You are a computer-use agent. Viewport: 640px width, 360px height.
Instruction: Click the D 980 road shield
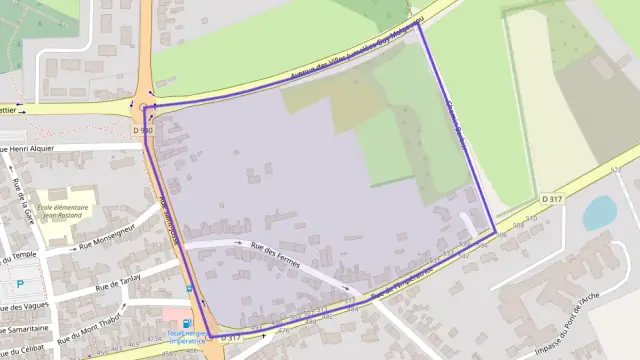(143, 131)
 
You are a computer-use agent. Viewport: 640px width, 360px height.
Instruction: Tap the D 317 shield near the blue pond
(553, 200)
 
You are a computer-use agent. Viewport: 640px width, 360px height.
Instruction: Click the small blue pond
(599, 212)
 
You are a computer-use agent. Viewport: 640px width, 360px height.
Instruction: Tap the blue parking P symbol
(20, 284)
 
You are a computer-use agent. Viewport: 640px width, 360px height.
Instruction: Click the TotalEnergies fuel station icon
(186, 323)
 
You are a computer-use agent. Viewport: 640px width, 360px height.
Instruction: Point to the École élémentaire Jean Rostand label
(63, 212)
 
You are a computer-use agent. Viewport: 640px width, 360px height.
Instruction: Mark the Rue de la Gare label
(22, 200)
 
